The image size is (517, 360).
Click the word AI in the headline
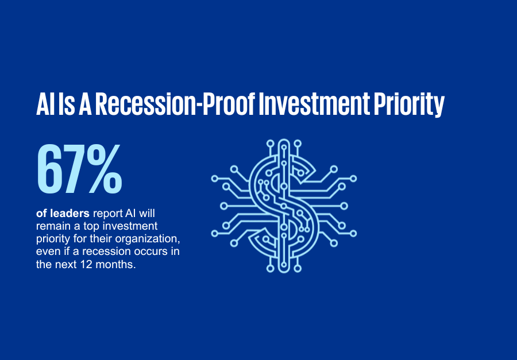click(x=45, y=104)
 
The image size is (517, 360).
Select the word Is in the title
click(x=66, y=104)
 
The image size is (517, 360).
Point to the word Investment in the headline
click(x=314, y=104)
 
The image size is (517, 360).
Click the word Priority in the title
click(x=409, y=105)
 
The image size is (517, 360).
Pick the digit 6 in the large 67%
click(x=50, y=169)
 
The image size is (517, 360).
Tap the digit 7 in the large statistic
click(x=75, y=169)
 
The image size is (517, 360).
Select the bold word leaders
click(x=70, y=213)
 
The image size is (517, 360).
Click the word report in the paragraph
click(x=108, y=214)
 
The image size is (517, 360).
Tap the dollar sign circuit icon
click(x=284, y=206)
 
